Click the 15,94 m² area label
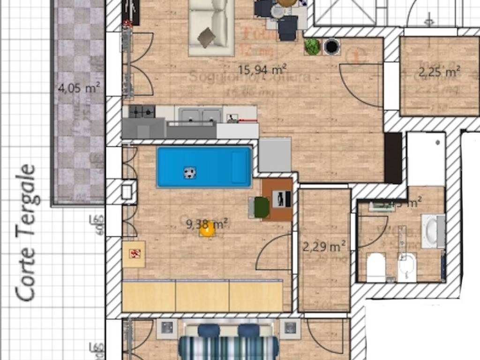pyautogui.click(x=262, y=70)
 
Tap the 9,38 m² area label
pyautogui.click(x=207, y=224)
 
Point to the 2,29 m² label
pyautogui.click(x=324, y=246)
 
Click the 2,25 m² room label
pyautogui.click(x=439, y=72)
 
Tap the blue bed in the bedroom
pyautogui.click(x=204, y=167)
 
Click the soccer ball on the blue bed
pyautogui.click(x=189, y=173)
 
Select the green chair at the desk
pyautogui.click(x=261, y=207)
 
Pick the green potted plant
pyautogui.click(x=312, y=46)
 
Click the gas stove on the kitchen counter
pyautogui.click(x=142, y=112)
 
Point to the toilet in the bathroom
pyautogui.click(x=375, y=268)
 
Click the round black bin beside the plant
pyautogui.click(x=332, y=46)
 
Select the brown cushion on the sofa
pyautogui.click(x=206, y=37)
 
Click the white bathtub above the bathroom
pyautogui.click(x=426, y=158)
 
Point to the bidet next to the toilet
pyautogui.click(x=407, y=267)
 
